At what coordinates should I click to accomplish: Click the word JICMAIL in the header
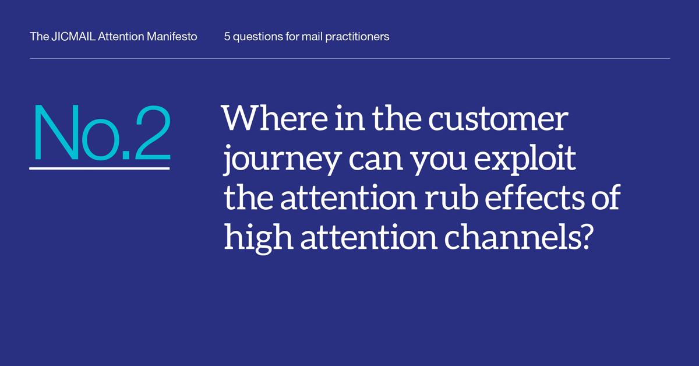pos(73,37)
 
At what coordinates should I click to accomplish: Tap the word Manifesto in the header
pos(172,37)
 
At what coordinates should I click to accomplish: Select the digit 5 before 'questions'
pos(227,37)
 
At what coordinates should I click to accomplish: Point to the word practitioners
pos(357,37)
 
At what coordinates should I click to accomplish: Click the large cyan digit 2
pos(153,132)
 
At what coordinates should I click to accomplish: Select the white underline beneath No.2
pos(100,168)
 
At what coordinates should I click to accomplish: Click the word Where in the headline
pos(274,118)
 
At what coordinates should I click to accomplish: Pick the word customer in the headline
pos(497,119)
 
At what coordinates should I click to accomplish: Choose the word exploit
pos(525,159)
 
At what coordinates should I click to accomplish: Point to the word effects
pos(534,197)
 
